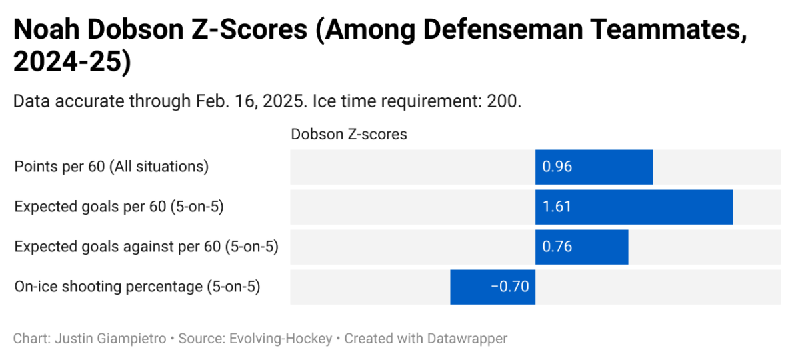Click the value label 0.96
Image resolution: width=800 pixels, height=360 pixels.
(x=557, y=167)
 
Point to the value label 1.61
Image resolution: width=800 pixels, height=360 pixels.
(x=557, y=207)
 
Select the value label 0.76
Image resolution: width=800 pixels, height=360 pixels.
(x=557, y=247)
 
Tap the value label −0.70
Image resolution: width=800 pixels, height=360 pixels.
(x=509, y=287)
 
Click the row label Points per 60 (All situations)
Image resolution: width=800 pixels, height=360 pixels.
(x=111, y=167)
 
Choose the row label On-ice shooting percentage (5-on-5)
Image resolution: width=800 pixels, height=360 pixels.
(x=137, y=287)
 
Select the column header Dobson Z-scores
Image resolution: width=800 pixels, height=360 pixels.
(x=349, y=134)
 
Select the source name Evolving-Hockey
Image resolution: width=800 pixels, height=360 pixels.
(x=279, y=339)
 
